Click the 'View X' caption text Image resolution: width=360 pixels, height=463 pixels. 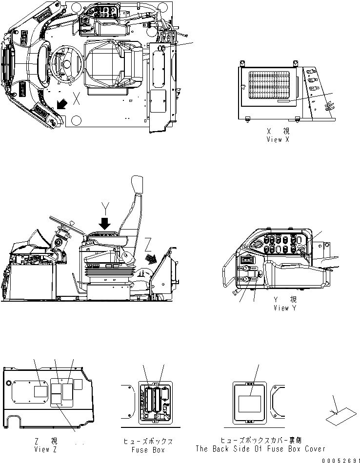[x=278, y=139]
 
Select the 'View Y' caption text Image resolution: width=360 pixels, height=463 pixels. [x=285, y=308]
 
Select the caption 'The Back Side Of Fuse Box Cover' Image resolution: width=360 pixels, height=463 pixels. [x=260, y=449]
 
